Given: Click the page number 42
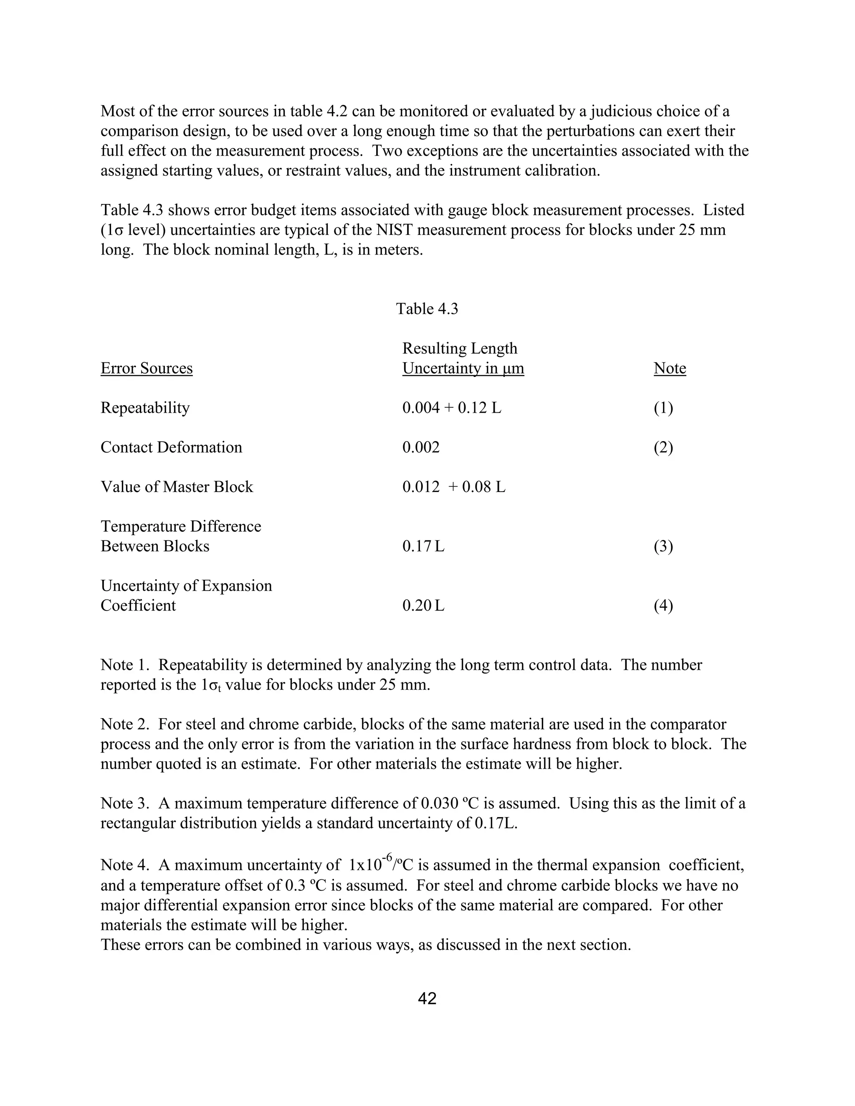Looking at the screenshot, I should pos(427,998).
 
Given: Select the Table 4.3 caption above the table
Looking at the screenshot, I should pos(427,308).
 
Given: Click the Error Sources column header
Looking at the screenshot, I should pos(147,368).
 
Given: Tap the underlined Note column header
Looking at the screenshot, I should pos(670,368).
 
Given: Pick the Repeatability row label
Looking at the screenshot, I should pos(145,408).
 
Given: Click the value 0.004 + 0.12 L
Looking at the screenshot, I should pos(452,408).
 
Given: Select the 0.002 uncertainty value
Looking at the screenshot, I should pos(421,447).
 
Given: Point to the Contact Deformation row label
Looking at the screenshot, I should pos(171,447).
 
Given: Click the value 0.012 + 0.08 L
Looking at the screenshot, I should pos(454,487).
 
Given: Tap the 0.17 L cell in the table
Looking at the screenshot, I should pos(423,546).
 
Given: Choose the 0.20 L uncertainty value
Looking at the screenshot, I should pos(423,606).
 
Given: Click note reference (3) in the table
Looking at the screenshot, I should pos(663,546).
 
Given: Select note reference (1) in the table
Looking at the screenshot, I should pos(663,408).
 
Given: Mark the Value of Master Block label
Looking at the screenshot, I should pos(177,487).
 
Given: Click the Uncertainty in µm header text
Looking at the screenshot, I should pos(463,368).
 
